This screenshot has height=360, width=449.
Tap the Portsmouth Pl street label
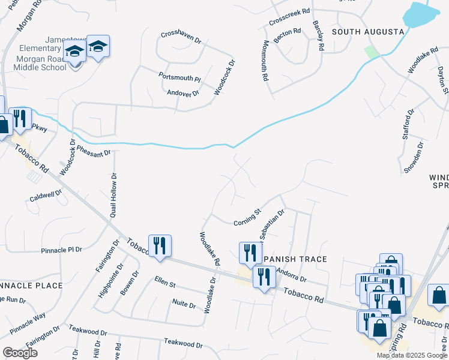point(179,77)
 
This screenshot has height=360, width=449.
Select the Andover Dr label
point(182,92)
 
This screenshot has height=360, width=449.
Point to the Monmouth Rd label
point(265,61)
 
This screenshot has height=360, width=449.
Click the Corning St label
point(247,218)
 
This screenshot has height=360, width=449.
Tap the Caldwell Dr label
point(46,196)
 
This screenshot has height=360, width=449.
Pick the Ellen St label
point(164,280)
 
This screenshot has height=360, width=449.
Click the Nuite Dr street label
point(184,304)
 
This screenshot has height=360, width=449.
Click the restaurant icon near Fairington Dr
point(160,246)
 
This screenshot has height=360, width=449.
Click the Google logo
point(20,353)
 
